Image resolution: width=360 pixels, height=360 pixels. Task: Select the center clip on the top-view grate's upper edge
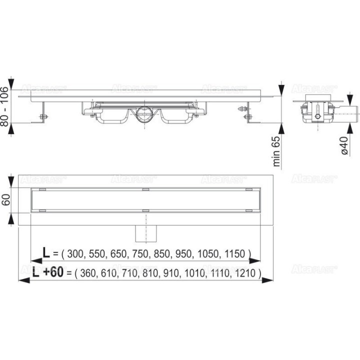coord(144,189)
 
